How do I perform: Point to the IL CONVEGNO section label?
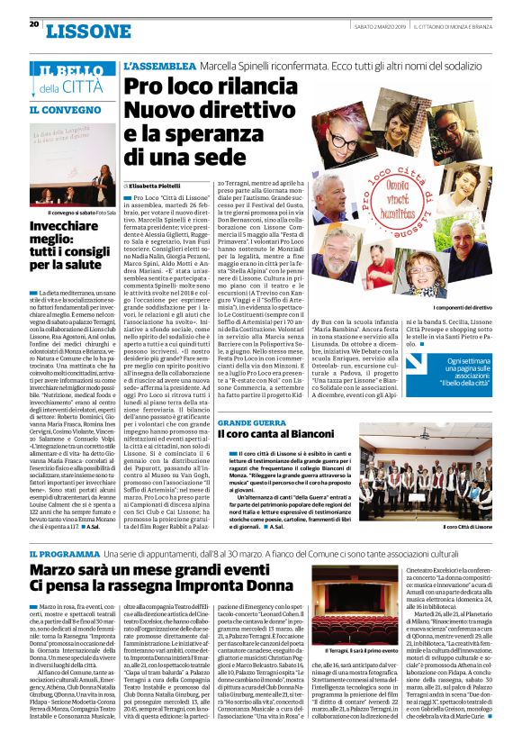point(58,110)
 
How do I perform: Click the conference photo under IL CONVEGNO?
point(71,163)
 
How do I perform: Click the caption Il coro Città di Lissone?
point(469,527)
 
